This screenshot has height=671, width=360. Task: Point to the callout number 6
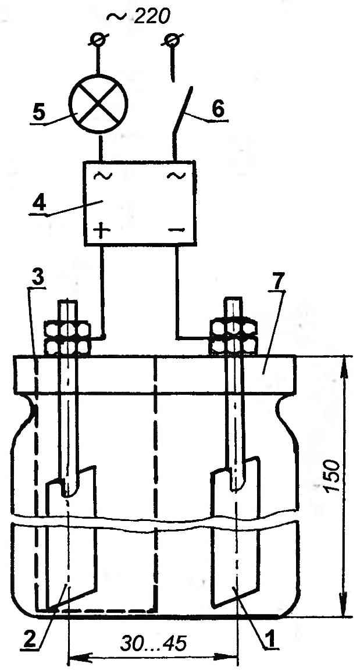218,109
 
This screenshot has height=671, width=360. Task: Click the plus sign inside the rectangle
101,231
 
